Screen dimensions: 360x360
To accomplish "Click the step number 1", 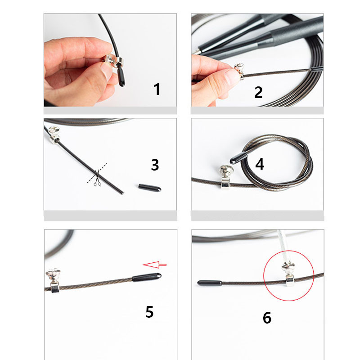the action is (x=157, y=89).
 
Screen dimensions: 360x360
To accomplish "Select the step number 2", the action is (x=258, y=92).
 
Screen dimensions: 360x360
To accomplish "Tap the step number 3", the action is (x=155, y=165).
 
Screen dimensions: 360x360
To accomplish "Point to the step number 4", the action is (x=260, y=164).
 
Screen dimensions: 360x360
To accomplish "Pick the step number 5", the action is (x=149, y=311).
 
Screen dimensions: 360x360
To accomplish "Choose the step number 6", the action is (x=267, y=318).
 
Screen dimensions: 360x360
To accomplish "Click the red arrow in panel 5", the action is (x=155, y=265).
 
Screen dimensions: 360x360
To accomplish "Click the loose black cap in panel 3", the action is (x=150, y=188).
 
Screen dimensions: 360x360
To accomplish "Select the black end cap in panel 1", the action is (x=121, y=77).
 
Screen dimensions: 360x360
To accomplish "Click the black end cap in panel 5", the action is (x=147, y=277).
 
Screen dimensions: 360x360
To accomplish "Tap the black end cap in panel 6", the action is (x=210, y=283).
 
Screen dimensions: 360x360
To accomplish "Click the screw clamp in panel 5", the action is (x=54, y=281).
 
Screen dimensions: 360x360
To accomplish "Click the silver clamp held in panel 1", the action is (x=113, y=60).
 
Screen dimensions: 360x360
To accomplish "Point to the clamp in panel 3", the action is (x=54, y=135).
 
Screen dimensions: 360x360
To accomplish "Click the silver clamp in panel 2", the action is (x=239, y=71).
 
